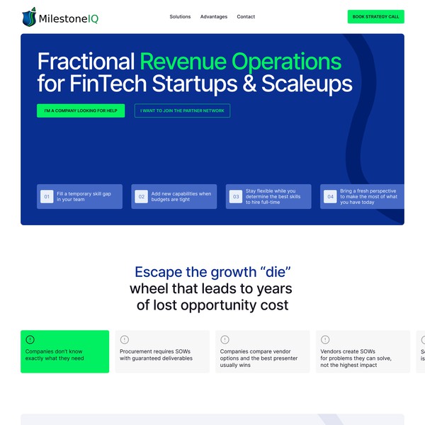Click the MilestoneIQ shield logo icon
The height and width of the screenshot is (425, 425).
29,16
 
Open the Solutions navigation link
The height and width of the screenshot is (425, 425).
180,16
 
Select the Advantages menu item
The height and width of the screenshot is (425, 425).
214,16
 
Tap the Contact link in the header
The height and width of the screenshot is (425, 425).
246,16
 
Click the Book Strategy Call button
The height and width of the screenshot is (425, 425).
375,16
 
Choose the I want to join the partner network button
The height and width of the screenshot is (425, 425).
182,110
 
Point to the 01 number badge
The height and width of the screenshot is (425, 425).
47,196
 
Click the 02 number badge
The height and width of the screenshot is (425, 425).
142,196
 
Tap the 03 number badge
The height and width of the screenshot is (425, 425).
236,196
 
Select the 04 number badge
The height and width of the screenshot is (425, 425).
330,196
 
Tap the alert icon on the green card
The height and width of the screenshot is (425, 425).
30,339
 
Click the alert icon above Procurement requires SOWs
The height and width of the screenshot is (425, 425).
125,339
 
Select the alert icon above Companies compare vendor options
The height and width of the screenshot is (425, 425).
225,339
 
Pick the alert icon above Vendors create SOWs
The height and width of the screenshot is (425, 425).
325,339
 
